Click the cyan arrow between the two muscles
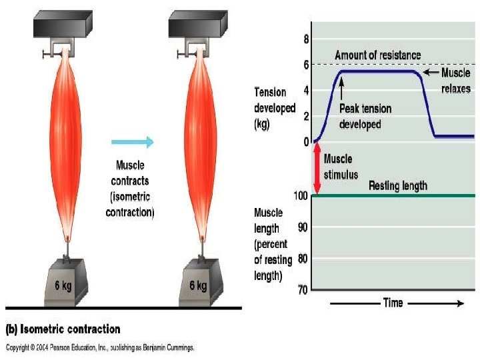[132, 141]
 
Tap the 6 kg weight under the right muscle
[198, 283]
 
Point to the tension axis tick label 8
[306, 39]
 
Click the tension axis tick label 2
[306, 117]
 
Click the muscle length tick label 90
[303, 227]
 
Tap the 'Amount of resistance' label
[378, 55]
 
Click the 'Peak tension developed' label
[365, 116]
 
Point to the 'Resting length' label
[398, 186]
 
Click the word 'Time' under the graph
[393, 303]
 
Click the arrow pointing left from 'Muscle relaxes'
[431, 72]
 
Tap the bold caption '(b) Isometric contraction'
[63, 329]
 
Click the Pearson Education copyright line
[100, 347]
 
